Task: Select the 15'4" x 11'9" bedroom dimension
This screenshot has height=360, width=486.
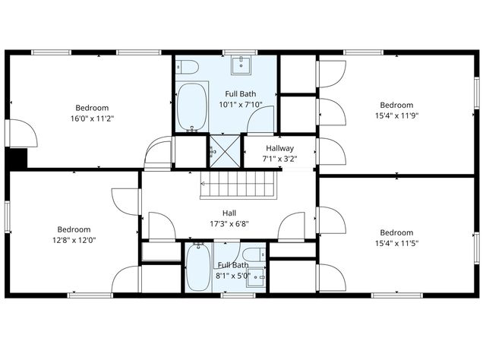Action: click(x=396, y=116)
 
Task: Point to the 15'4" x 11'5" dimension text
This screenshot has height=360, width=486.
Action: click(x=396, y=243)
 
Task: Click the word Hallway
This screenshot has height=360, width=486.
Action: click(x=279, y=148)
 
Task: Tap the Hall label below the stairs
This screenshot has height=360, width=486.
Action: click(x=229, y=213)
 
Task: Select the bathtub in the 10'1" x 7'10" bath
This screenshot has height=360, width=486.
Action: click(x=192, y=107)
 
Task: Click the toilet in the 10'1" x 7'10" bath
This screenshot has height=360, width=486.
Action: click(x=188, y=68)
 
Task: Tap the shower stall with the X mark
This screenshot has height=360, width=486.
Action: click(x=224, y=149)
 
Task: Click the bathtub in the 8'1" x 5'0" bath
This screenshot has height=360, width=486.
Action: click(x=198, y=267)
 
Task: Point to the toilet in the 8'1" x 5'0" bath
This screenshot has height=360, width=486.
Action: click(x=254, y=254)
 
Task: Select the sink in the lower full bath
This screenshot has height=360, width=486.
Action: click(x=259, y=278)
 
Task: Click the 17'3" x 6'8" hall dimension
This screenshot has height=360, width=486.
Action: click(x=229, y=224)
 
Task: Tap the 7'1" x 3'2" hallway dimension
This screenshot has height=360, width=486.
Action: click(x=279, y=159)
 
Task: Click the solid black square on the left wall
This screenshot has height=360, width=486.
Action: click(x=16, y=158)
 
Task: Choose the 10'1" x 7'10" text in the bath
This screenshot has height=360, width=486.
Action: click(x=241, y=105)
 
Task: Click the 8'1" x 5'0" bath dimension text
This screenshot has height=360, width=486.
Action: click(x=232, y=276)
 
